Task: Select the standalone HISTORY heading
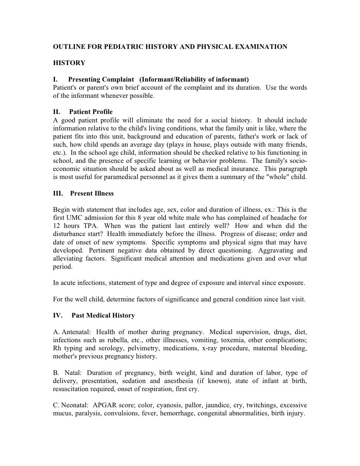69,63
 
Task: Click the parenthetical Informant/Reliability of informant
194,79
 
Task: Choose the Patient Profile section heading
91,112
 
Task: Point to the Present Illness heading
92,193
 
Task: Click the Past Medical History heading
103,315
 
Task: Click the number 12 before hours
57,226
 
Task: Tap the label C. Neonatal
71,405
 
